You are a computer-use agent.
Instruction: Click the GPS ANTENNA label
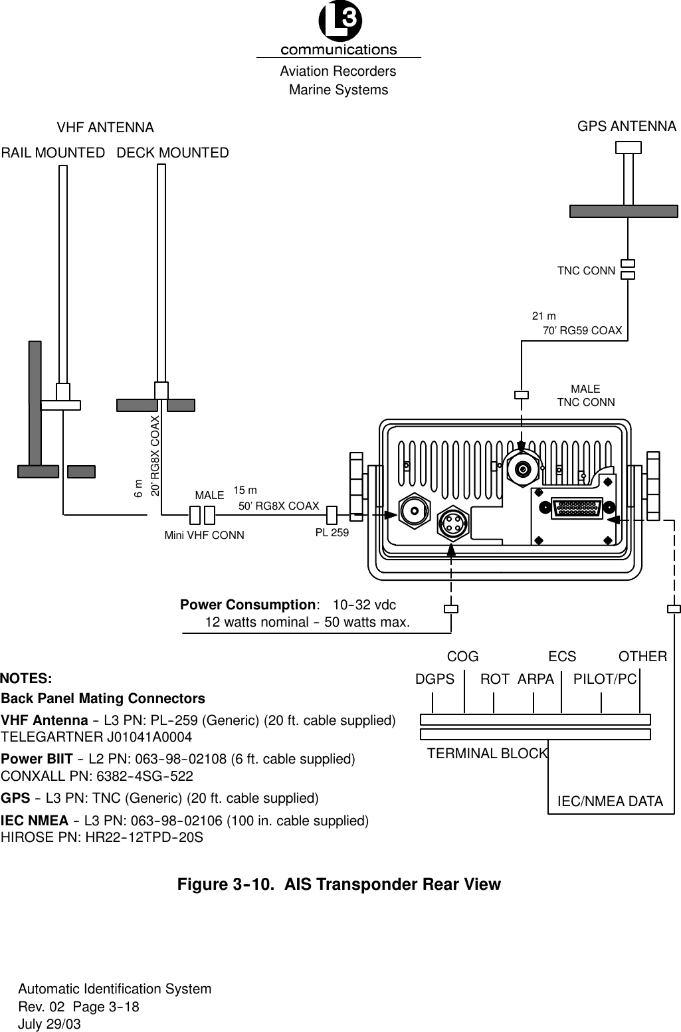coord(627,126)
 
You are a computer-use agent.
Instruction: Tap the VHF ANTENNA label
coord(105,127)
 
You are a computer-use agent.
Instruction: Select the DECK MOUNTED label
coord(173,153)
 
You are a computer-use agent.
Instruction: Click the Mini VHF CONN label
coord(204,535)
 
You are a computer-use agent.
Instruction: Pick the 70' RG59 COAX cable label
coord(582,330)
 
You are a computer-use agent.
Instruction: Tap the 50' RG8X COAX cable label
coord(278,506)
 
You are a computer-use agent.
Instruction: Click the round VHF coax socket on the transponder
coord(416,510)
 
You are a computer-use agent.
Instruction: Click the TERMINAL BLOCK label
coord(487,754)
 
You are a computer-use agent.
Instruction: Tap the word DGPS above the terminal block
coord(435,679)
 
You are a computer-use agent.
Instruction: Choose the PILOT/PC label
coord(605,679)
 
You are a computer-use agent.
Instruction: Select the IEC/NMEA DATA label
coord(609,801)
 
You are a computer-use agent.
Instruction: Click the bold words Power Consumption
coord(247,605)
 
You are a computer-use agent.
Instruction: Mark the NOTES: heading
coord(27,678)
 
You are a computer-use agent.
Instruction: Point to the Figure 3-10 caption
coord(338,884)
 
